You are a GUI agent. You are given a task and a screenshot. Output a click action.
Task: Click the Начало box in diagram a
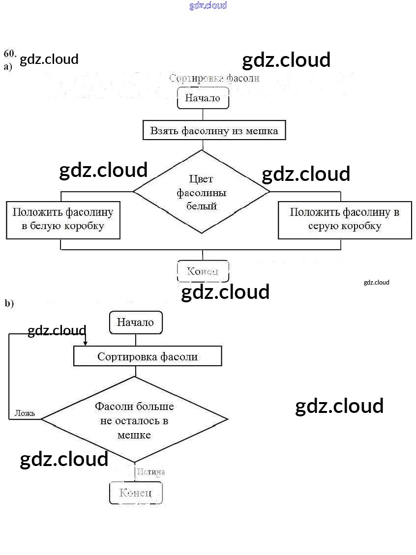203,98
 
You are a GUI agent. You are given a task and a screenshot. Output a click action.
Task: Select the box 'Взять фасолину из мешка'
214,131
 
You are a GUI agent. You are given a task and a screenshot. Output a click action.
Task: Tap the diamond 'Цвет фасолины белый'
202,192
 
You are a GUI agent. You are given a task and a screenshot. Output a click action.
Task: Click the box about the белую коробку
63,219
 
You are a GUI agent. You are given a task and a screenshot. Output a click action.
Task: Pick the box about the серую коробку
344,219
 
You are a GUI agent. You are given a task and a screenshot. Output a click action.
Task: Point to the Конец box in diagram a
203,271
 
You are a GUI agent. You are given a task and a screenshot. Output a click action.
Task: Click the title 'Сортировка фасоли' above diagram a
214,78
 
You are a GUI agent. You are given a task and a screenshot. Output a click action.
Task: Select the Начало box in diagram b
135,322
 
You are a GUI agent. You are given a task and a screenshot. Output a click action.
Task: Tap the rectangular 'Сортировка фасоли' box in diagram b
148,356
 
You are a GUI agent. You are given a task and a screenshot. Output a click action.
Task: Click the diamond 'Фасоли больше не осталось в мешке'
134,420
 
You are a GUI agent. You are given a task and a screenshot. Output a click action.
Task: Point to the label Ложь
25,413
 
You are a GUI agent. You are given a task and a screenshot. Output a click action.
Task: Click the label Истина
151,472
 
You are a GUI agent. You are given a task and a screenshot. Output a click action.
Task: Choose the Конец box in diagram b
135,493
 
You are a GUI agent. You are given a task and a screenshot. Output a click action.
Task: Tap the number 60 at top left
10,53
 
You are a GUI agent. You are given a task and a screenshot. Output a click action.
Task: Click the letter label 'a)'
8,66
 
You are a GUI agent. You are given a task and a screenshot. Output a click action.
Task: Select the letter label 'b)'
9,303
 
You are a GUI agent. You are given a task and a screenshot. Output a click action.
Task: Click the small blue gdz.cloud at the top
208,5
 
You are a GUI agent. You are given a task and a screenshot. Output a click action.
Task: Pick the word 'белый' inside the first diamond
202,206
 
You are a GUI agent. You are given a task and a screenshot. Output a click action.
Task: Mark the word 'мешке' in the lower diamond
134,435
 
